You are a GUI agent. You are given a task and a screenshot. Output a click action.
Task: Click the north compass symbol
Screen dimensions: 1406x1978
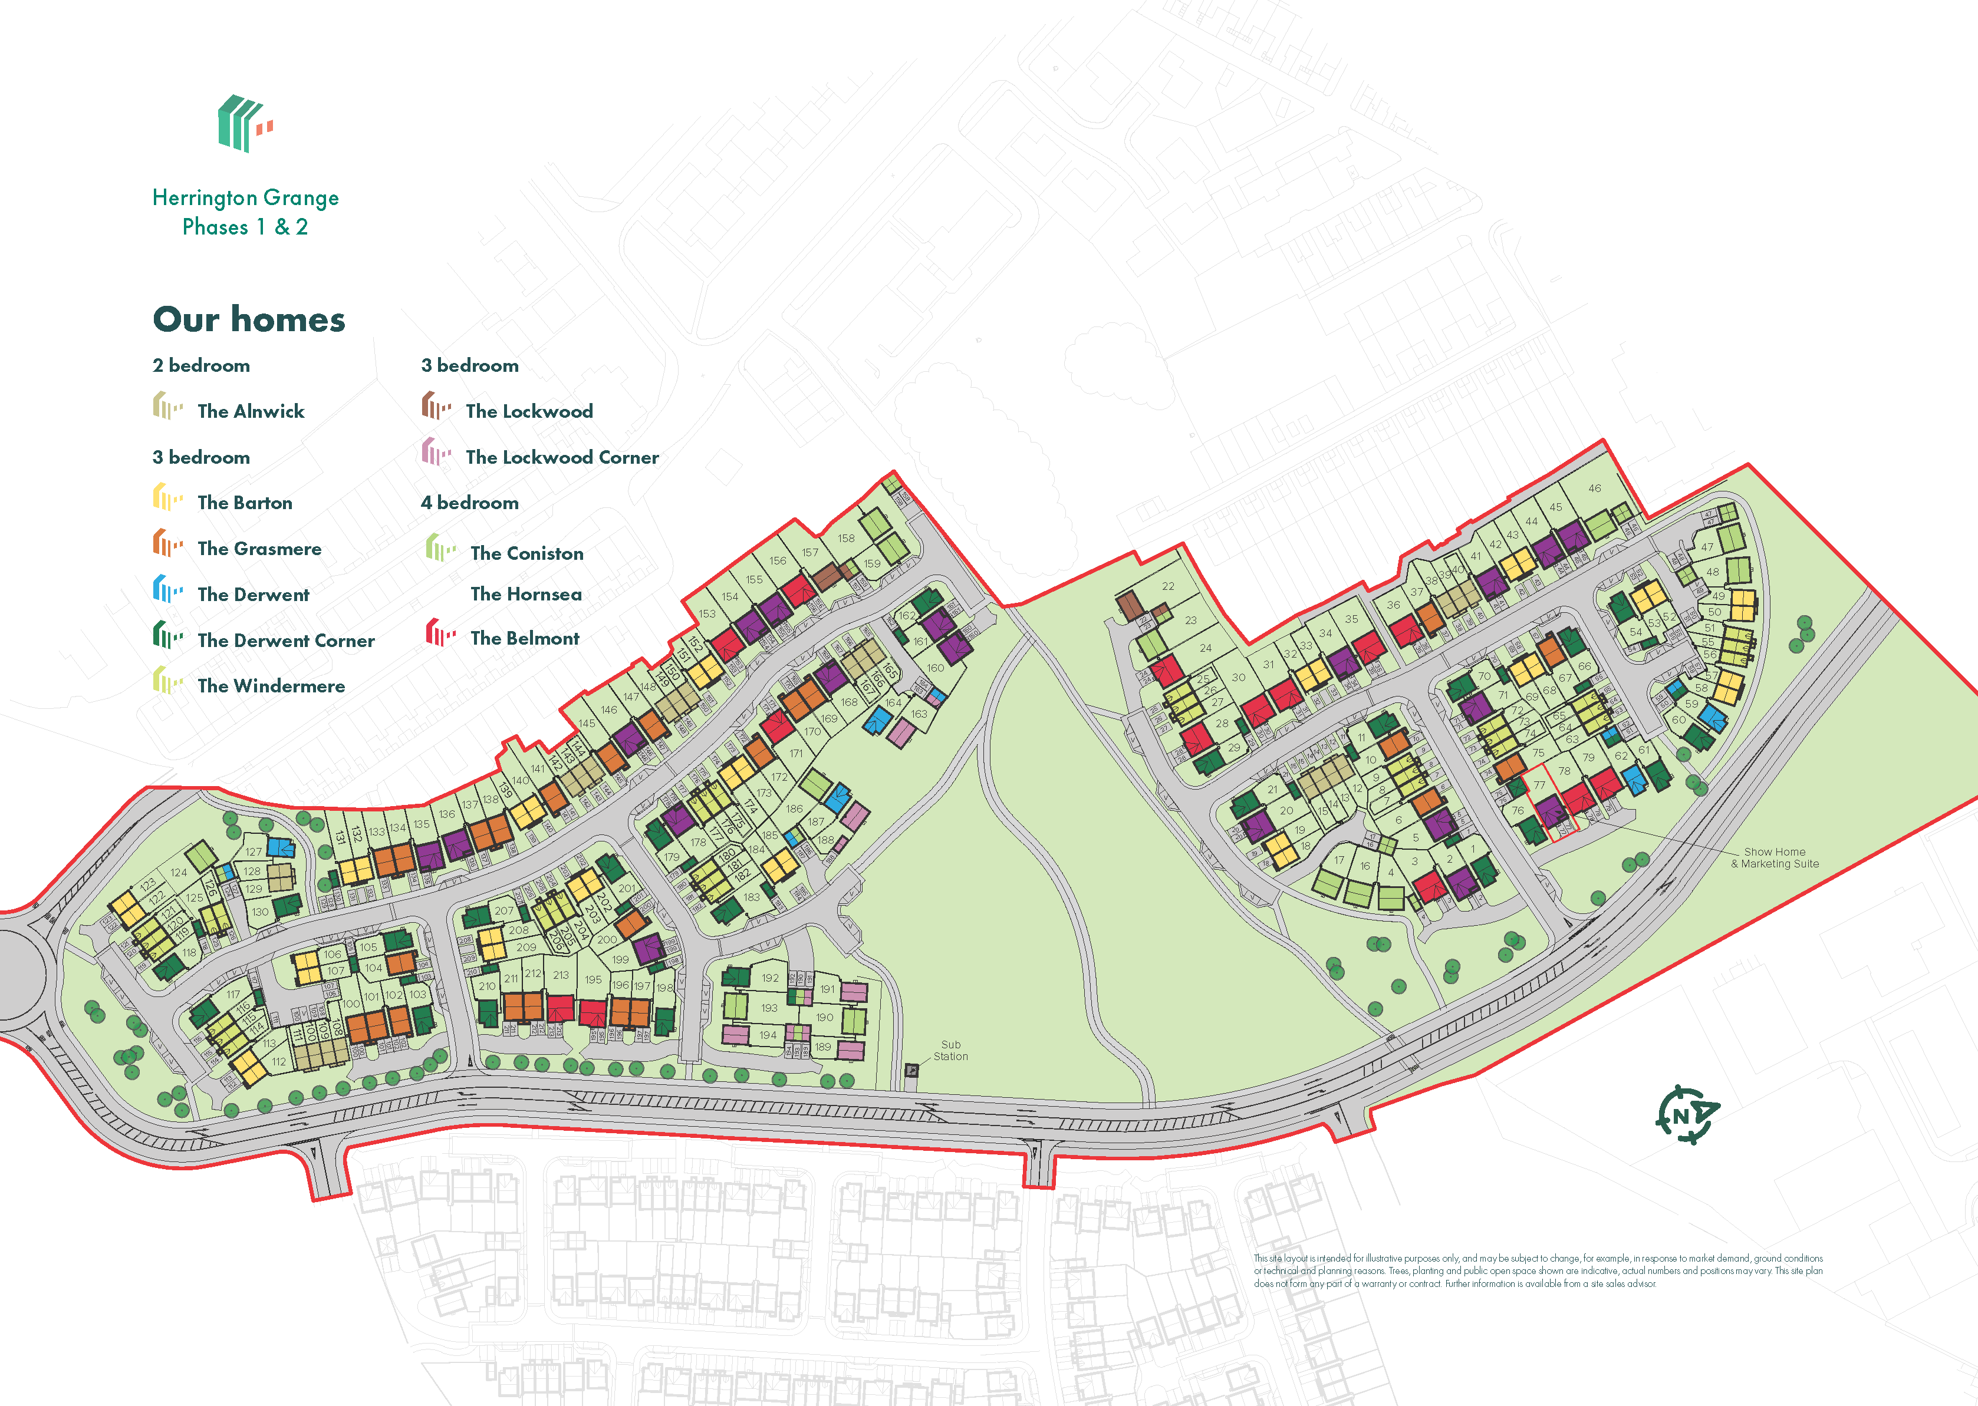pos(1686,1115)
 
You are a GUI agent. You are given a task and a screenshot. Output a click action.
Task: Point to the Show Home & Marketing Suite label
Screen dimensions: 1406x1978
pos(1775,858)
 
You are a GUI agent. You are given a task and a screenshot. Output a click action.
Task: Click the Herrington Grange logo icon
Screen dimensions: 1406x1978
pos(245,124)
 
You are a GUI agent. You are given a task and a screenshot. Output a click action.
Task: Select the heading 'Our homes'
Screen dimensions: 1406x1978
pos(249,319)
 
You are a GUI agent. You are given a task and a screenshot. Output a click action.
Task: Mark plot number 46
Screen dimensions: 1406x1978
pos(1594,489)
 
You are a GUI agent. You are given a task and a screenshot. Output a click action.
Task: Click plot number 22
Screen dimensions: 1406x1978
pos(1169,586)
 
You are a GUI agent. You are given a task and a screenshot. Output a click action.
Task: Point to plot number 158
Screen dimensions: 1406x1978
pos(846,539)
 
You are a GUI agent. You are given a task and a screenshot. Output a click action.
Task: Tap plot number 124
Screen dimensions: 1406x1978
pos(179,873)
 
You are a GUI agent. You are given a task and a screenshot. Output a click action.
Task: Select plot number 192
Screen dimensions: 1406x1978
pos(770,978)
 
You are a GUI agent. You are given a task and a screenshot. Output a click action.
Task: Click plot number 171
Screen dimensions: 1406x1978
pos(796,753)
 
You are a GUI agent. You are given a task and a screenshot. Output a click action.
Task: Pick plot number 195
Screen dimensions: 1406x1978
pos(593,980)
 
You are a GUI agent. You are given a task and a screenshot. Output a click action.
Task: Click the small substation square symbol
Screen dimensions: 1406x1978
pos(911,1070)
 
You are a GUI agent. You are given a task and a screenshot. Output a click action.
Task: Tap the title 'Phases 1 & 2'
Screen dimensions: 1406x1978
pos(245,227)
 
